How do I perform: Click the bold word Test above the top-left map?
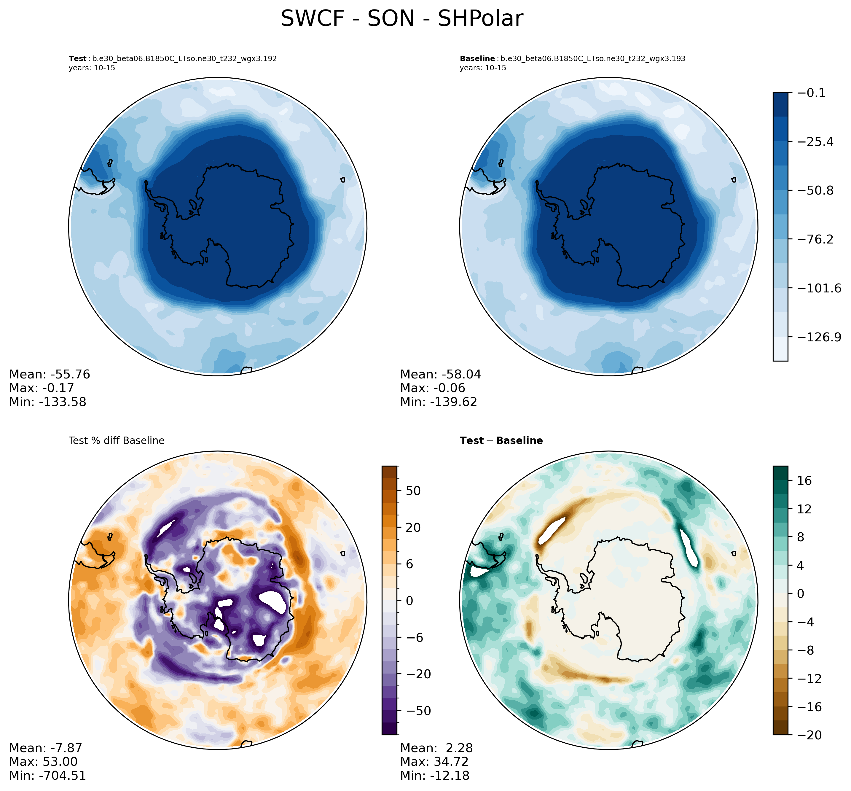[x=77, y=59]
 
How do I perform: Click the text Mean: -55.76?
[x=50, y=375]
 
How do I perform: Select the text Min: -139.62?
[x=439, y=402]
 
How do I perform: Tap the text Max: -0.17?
[x=42, y=388]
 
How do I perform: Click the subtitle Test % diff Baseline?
[x=116, y=441]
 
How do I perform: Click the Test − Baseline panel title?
[x=501, y=441]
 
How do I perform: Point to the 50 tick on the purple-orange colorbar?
[x=413, y=491]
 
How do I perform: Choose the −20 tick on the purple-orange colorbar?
[x=413, y=674]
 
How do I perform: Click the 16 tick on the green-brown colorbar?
[x=804, y=481]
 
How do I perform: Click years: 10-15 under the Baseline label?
[x=483, y=68]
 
